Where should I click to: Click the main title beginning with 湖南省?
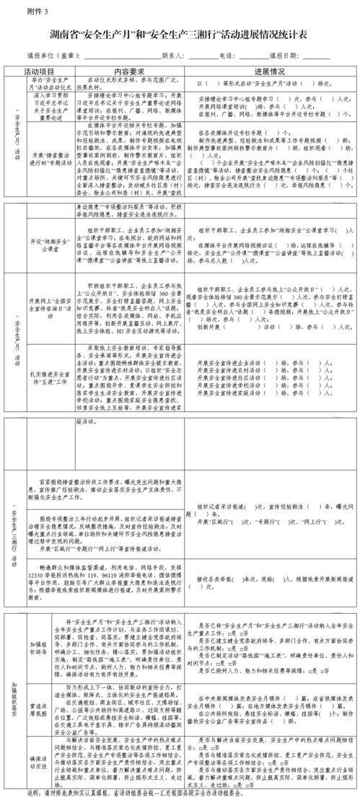180,34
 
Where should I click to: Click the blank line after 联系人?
200,56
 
